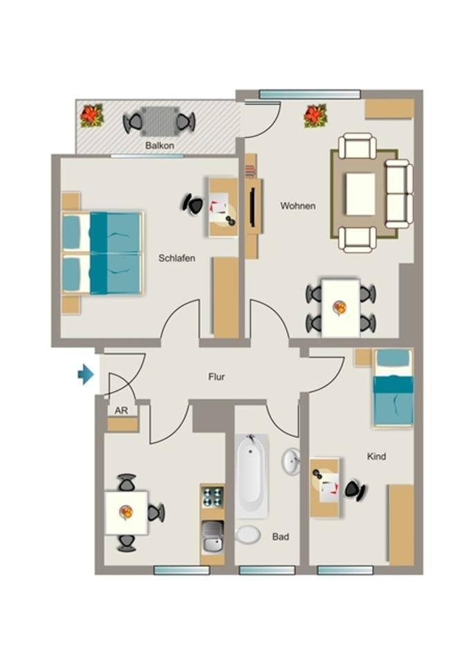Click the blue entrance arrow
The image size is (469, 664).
click(86, 375)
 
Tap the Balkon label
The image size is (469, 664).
click(159, 147)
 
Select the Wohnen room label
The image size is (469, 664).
click(297, 206)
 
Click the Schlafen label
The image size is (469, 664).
click(176, 258)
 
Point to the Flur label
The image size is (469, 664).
click(217, 378)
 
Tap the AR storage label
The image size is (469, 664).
click(121, 410)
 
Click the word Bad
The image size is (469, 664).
click(280, 536)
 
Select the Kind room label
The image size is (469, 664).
click(376, 456)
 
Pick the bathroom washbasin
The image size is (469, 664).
click(291, 460)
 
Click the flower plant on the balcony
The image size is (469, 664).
click(91, 116)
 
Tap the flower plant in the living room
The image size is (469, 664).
click(315, 116)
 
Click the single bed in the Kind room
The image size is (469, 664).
click(392, 389)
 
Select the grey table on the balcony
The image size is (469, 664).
click(159, 121)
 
